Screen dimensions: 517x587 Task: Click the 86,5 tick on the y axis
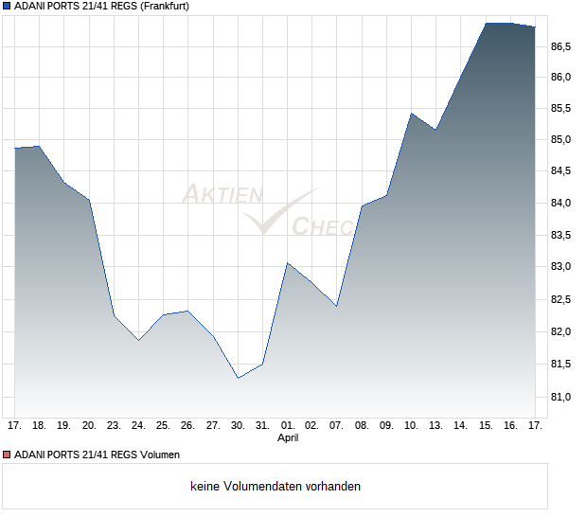(561, 45)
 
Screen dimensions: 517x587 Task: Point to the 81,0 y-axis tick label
(561, 396)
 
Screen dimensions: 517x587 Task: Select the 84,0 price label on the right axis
(561, 204)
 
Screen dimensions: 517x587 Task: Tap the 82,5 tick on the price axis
(561, 299)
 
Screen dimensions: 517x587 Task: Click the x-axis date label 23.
(114, 426)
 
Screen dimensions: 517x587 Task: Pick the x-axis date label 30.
(238, 426)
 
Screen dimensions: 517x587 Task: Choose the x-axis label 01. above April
(288, 426)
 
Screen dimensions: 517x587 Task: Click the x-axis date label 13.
(436, 426)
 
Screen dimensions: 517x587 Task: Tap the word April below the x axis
(288, 439)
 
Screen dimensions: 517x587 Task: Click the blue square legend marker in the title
(7, 6)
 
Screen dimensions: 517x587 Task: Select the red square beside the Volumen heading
(7, 455)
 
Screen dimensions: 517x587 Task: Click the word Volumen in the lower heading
(158, 455)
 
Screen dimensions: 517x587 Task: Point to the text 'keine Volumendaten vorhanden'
(276, 486)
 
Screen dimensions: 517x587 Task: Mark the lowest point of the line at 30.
(238, 378)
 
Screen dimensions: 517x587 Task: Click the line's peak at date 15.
(486, 23)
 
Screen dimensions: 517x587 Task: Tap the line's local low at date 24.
(138, 340)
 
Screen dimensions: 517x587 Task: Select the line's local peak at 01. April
(288, 263)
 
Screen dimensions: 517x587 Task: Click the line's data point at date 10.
(411, 114)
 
